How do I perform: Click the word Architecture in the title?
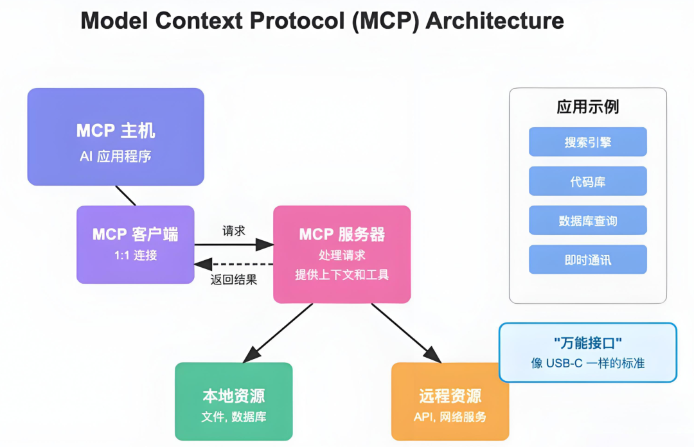(495, 21)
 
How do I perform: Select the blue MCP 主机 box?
(116, 137)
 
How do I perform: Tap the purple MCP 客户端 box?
(135, 244)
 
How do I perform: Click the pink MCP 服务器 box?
(342, 254)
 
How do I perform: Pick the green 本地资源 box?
(233, 401)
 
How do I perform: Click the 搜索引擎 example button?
(587, 142)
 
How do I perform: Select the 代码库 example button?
(587, 181)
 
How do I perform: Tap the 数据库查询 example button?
(587, 220)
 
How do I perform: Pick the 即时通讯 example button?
(587, 259)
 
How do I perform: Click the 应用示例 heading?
(587, 107)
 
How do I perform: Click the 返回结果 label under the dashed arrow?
(234, 279)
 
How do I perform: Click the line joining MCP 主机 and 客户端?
(125, 195)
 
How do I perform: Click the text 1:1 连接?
(135, 256)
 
